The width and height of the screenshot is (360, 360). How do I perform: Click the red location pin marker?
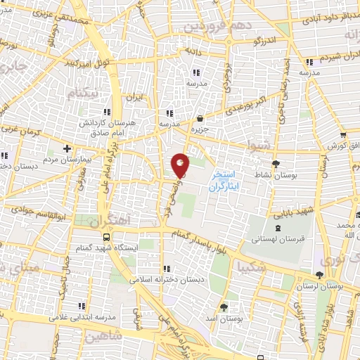tap(180, 165)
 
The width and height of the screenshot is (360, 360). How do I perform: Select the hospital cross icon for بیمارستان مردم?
tap(67, 148)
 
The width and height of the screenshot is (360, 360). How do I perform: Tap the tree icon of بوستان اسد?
tap(224, 307)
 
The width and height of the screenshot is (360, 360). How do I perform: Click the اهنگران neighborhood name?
tap(110, 220)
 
